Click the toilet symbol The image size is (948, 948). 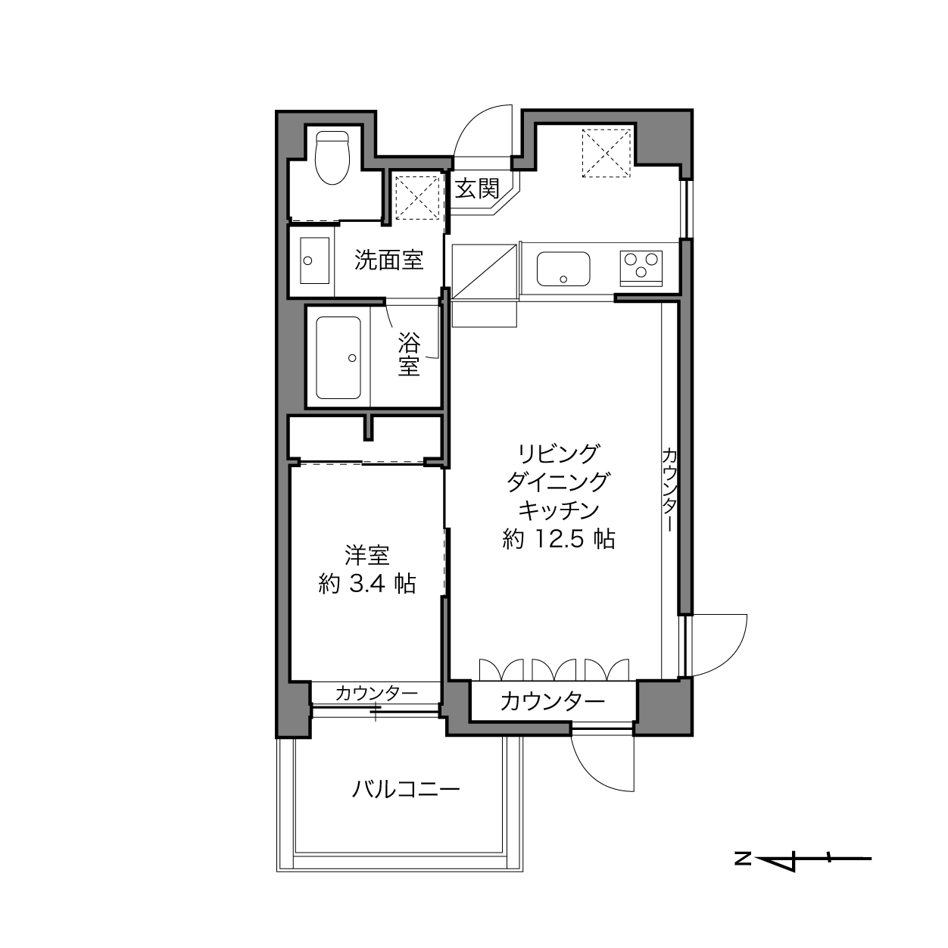[x=332, y=157]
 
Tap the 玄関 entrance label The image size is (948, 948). [x=476, y=189]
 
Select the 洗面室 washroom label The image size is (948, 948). [x=388, y=260]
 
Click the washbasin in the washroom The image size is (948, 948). [x=314, y=260]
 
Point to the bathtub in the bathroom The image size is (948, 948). [x=338, y=357]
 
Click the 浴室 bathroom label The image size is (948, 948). [x=409, y=354]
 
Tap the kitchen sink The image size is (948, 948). [x=563, y=269]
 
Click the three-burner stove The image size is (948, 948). [x=641, y=269]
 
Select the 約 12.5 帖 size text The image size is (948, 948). [x=559, y=539]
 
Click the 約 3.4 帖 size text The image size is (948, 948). [x=367, y=584]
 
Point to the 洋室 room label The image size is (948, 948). [x=367, y=556]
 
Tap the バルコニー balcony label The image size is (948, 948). [x=406, y=790]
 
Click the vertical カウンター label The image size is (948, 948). [x=669, y=489]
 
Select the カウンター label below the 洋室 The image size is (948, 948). [x=376, y=694]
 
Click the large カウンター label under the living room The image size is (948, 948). [x=552, y=701]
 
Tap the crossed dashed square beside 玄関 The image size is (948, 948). [x=418, y=198]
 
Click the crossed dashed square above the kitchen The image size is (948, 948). [x=606, y=153]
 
